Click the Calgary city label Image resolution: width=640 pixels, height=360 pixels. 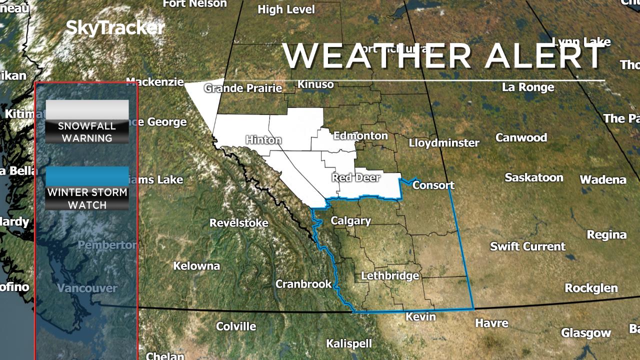coord(350,220)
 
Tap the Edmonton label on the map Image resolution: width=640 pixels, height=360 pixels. coord(360,135)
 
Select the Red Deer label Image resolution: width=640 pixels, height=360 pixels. coord(356,177)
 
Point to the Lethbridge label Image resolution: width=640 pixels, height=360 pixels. coord(390,275)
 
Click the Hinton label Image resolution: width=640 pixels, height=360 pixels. coord(263,140)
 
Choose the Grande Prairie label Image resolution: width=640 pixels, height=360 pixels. coord(243,88)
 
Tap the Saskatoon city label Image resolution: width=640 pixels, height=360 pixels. coord(533,177)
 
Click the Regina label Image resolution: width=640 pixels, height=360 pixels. coord(606,234)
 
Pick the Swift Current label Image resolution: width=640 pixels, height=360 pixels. coord(527,246)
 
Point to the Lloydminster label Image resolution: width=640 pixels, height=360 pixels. coord(444,143)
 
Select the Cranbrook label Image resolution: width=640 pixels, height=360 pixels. coord(303,284)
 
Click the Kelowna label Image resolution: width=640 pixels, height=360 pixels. coord(196,266)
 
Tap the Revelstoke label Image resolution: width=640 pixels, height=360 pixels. coord(238,223)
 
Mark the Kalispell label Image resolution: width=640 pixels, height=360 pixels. coord(349,343)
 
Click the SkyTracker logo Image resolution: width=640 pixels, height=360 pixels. coord(115,28)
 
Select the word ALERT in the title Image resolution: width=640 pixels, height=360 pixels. coord(545,56)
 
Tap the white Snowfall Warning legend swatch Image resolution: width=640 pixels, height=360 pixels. coord(87,109)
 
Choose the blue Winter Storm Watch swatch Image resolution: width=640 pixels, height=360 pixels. coord(87,176)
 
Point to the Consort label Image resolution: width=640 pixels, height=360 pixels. coord(433,185)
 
